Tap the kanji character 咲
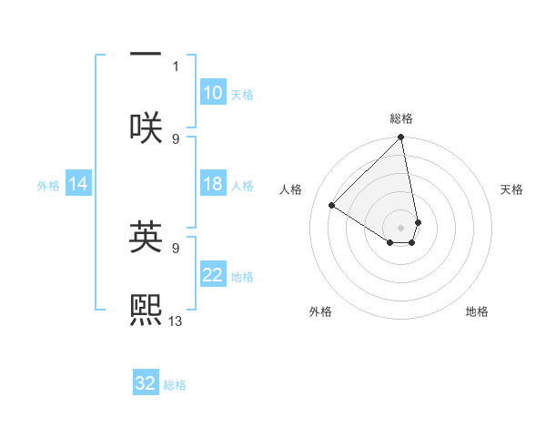(x=147, y=127)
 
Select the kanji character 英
(x=147, y=237)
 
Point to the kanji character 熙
(x=147, y=309)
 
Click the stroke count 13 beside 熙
(x=176, y=321)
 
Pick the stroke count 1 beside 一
(x=177, y=66)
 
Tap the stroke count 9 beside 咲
(x=176, y=138)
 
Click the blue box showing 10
(x=212, y=93)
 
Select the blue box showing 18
(x=212, y=184)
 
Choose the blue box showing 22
(x=212, y=275)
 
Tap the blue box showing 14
(x=78, y=185)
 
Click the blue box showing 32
(x=146, y=383)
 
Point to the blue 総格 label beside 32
(x=175, y=385)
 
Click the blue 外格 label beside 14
(x=48, y=186)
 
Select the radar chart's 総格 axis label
(x=401, y=118)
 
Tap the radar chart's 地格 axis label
(x=477, y=311)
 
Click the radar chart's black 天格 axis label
(x=511, y=189)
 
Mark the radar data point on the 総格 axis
(x=401, y=138)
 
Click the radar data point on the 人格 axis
(x=332, y=206)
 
